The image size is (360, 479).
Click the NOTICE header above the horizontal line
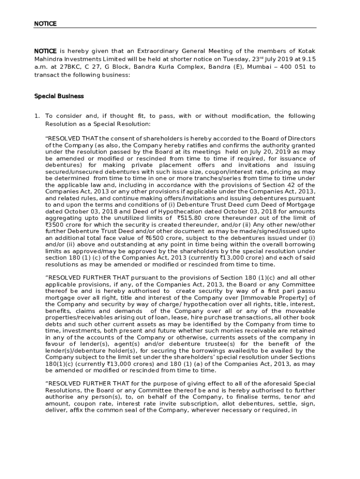(45, 23)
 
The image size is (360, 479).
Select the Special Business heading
(59, 96)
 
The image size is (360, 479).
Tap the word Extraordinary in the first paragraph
(146, 51)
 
